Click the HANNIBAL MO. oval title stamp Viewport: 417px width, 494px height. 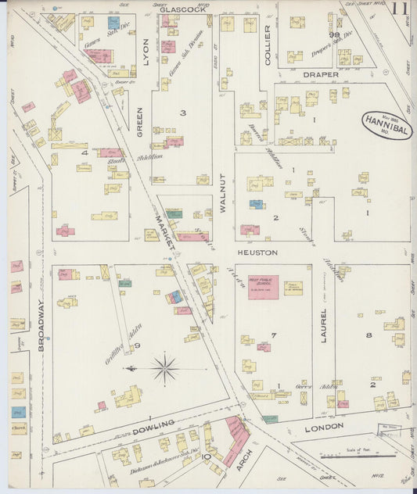386,125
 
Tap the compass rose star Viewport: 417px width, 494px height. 165,368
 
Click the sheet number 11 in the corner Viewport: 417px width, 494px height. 400,9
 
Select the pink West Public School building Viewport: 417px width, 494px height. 263,287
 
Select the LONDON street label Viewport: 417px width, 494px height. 323,427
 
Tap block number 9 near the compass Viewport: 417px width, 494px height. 136,345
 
